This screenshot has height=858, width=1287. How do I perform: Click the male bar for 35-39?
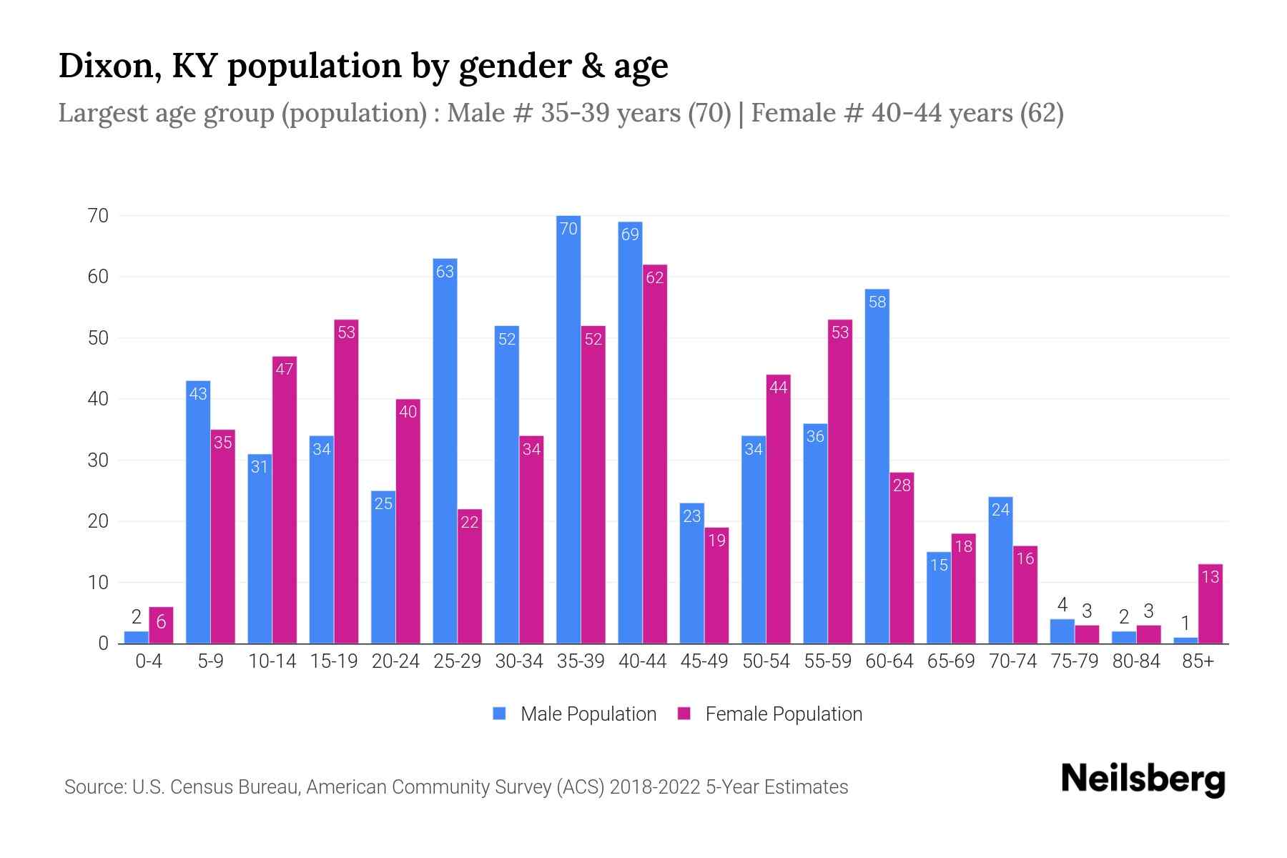tap(568, 429)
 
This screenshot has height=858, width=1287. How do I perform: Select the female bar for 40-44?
tap(655, 454)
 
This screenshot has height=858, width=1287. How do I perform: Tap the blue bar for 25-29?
tap(445, 450)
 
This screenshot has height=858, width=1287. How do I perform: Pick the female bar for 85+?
tap(1210, 604)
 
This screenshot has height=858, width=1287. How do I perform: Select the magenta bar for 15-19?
tap(346, 481)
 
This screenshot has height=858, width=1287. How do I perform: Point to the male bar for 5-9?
tap(198, 512)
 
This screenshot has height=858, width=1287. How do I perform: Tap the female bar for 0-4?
tap(161, 626)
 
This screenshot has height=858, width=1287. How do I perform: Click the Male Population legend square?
tap(499, 714)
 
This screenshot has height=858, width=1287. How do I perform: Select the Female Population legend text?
tap(784, 714)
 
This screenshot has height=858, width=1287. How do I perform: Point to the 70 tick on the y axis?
tap(98, 216)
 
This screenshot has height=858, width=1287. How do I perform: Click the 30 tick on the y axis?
tap(98, 460)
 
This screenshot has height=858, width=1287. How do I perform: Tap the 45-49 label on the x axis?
tap(704, 661)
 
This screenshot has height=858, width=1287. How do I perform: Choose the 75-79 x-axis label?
tap(1074, 661)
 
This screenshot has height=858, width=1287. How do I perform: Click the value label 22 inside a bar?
tap(470, 523)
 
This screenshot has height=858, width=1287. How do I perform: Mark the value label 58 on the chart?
tap(877, 302)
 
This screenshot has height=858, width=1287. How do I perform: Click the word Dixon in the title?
tap(104, 66)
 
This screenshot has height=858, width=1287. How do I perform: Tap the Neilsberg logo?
tap(1143, 779)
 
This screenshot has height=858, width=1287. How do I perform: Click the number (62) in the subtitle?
tap(1042, 113)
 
